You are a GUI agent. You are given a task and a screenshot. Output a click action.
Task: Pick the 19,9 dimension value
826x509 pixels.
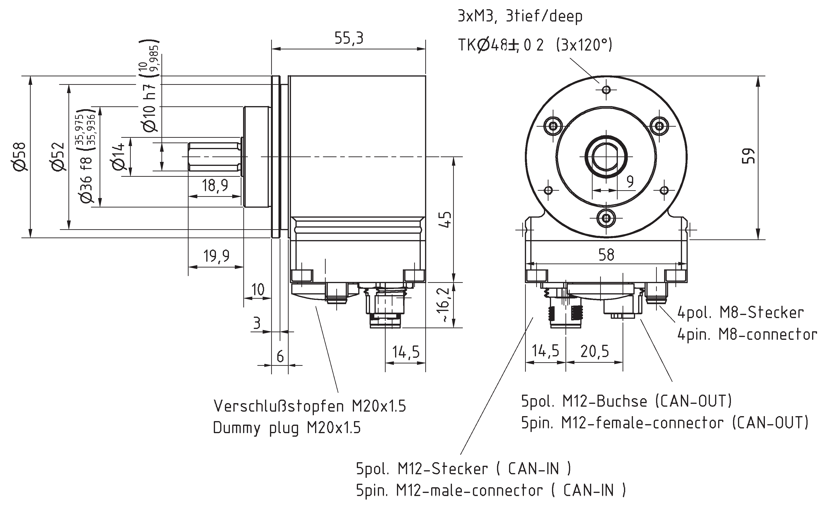[216, 256]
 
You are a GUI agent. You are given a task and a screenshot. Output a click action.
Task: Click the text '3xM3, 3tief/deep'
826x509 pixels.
[520, 16]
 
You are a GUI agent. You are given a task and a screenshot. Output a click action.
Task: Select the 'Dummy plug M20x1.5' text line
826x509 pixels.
[287, 428]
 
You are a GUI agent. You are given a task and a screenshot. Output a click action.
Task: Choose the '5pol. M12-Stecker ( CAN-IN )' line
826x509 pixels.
[464, 469]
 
